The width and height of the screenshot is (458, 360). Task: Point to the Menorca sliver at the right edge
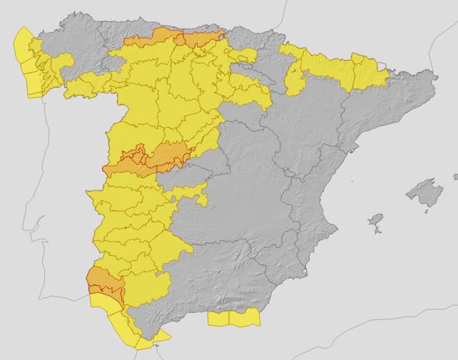455,175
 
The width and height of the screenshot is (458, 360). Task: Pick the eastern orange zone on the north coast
203,36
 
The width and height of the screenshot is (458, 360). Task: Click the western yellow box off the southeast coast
218,318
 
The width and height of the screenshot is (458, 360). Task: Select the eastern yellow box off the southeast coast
245,318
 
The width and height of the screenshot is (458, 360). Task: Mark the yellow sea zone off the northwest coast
27,64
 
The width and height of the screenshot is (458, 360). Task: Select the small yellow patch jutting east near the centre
203,194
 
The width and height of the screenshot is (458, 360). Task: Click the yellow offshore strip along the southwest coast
107,307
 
